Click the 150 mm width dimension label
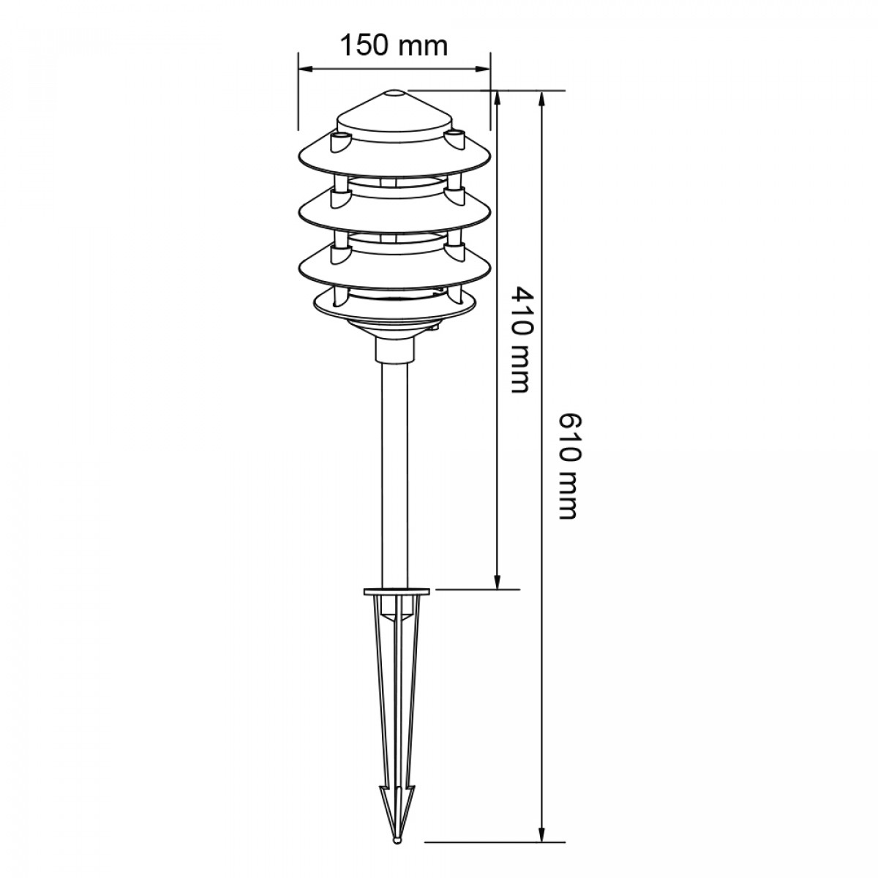tap(394, 45)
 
